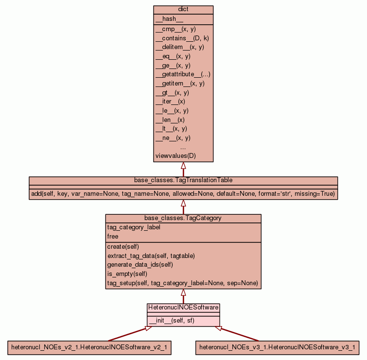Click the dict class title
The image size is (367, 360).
coord(183,10)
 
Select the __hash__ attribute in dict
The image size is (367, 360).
coord(169,19)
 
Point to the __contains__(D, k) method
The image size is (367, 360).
coord(182,38)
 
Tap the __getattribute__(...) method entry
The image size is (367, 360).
coord(182,74)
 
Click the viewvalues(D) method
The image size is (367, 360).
coord(175,156)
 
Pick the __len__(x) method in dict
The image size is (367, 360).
coord(170,120)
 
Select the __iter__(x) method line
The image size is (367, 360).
coord(170,102)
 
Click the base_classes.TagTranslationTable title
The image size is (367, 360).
coord(183,180)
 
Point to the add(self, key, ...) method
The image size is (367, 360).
coord(183,194)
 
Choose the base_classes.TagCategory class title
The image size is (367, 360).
coord(183,218)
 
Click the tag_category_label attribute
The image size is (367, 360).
coord(134,227)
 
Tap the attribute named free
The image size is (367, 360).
coord(113,237)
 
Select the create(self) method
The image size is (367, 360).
coord(123,247)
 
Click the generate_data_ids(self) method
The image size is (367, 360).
coord(140,265)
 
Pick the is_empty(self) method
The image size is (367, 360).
coord(127,274)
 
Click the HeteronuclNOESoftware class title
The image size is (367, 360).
coord(183,308)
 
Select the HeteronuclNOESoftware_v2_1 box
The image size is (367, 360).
coord(90,347)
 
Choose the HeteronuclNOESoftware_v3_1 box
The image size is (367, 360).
coord(277,347)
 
